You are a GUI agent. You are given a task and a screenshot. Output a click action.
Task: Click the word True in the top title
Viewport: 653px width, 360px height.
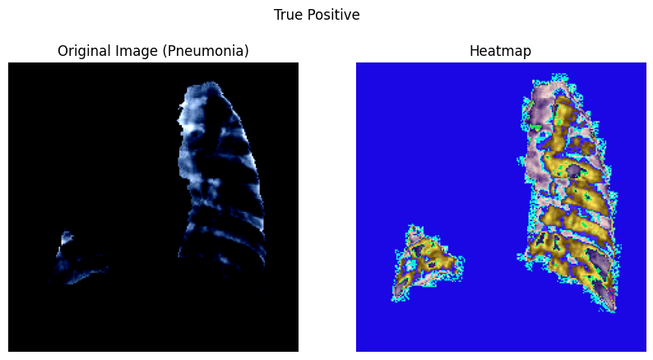tap(288, 15)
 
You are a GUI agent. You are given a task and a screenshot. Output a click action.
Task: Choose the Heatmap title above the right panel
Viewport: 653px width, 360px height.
tap(500, 51)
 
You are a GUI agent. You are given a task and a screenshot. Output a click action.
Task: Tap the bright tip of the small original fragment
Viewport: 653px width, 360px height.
tap(67, 238)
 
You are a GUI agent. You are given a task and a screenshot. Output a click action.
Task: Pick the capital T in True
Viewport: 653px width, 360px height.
tap(278, 15)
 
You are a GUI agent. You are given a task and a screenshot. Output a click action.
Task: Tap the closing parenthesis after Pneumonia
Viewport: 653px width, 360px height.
tap(246, 51)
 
